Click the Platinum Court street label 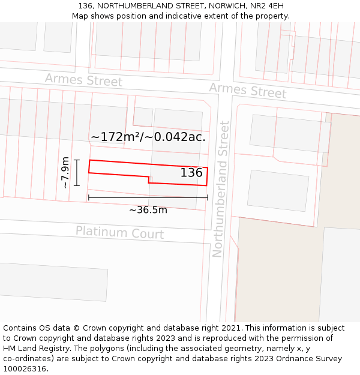point(119,232)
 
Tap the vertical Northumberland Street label point(221,189)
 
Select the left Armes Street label point(83,80)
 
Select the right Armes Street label point(247,91)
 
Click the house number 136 point(191,173)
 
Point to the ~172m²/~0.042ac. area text point(148,137)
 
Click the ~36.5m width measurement point(148,210)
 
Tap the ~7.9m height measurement point(65,173)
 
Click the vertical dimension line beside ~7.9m point(77,173)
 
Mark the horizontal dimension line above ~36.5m point(148,197)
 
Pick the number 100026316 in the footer point(25,369)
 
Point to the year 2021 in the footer point(231,328)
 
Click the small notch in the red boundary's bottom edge point(149,179)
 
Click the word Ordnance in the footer point(299,359)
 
